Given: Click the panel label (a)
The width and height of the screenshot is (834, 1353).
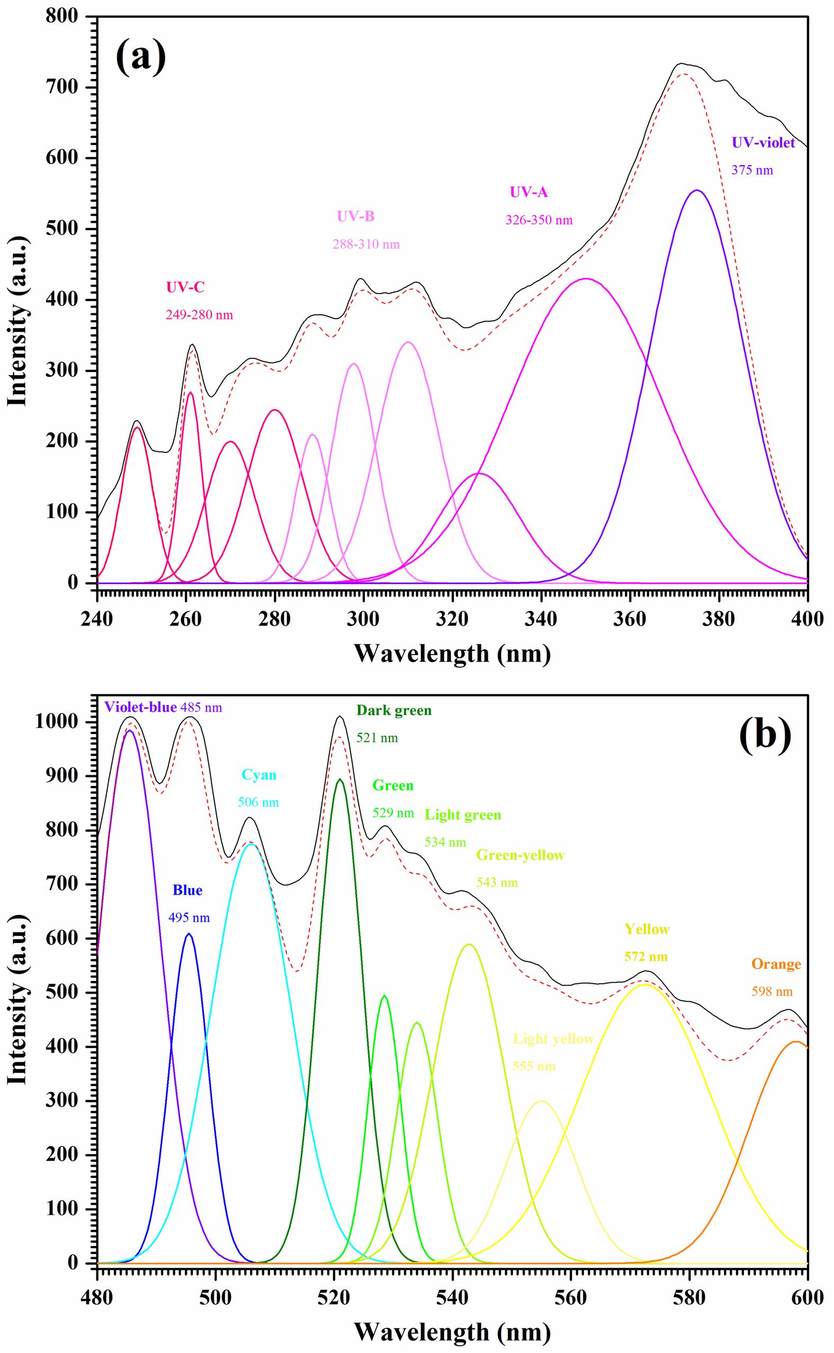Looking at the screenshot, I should [141, 57].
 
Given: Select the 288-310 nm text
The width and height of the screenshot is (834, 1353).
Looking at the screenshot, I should [366, 244].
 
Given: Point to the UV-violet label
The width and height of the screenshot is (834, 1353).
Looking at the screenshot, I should [764, 143].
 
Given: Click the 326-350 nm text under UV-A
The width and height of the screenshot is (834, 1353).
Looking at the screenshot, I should [539, 221].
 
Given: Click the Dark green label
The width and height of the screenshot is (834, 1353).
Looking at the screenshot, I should [394, 711].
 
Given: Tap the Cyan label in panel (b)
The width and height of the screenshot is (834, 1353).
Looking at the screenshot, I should [259, 775].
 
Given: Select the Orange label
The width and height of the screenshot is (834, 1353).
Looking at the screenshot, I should [776, 964].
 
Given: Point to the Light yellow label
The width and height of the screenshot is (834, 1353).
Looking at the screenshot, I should [553, 1039].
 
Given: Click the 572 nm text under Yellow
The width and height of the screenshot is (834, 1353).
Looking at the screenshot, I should [646, 956].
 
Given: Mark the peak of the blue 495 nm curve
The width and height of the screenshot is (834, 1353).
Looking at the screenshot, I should [189, 933].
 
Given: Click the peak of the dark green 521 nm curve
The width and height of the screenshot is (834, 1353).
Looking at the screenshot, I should [340, 779].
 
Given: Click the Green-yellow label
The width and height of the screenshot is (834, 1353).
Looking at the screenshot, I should [520, 855].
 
